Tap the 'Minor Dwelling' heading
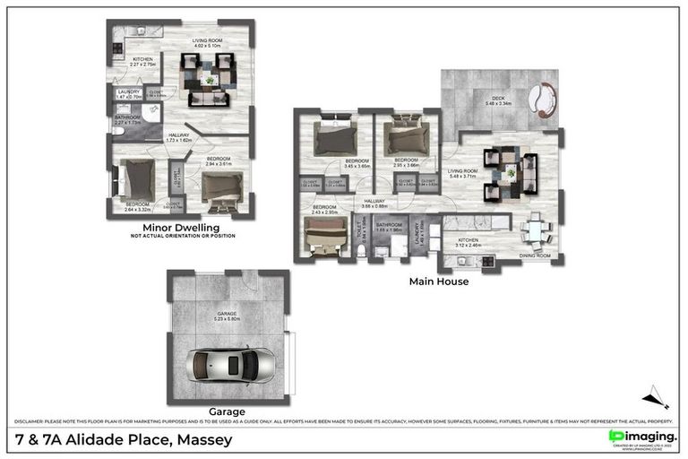pos(182,228)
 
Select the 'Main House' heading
pos(439,281)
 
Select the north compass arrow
pos(655,397)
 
